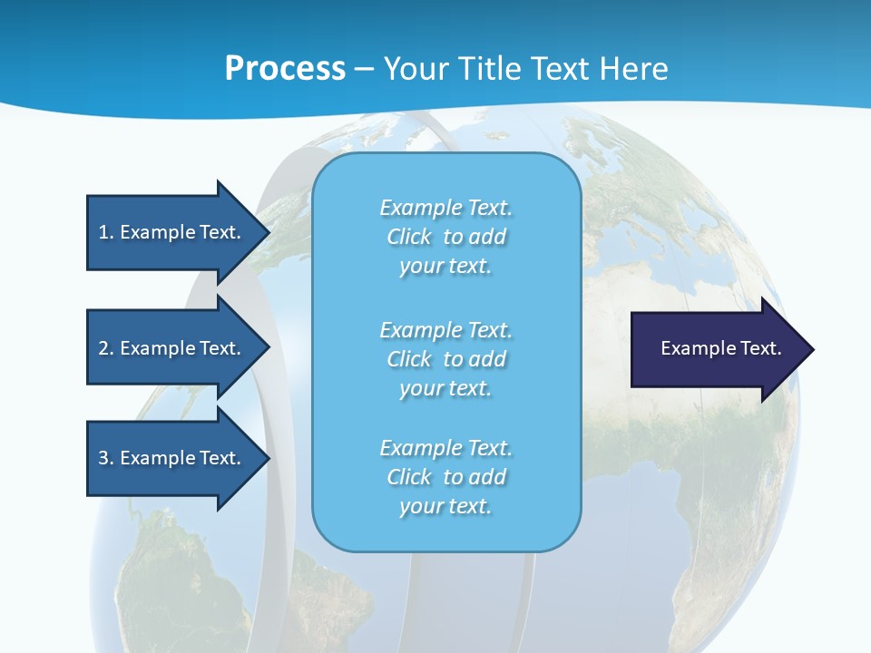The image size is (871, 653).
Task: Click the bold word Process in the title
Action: (285, 69)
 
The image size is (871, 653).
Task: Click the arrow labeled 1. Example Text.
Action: (172, 232)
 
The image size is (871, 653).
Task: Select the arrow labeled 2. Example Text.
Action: (172, 348)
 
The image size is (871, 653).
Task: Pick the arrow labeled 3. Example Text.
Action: (172, 458)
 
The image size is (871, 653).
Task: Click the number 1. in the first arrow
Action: (106, 232)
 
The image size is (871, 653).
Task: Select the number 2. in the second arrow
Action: (106, 348)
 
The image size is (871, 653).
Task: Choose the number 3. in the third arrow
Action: (106, 458)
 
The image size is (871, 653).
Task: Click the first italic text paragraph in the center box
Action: (445, 237)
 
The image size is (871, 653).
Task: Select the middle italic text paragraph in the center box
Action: (445, 359)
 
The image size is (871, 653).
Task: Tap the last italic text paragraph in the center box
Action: (445, 477)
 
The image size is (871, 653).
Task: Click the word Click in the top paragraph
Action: (409, 238)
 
